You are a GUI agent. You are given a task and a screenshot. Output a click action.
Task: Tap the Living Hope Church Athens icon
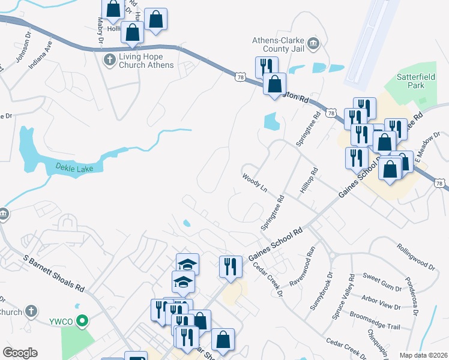pos(109,59)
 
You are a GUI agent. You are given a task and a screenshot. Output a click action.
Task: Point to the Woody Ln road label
pos(255,184)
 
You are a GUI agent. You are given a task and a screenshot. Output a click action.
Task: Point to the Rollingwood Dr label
pos(415,254)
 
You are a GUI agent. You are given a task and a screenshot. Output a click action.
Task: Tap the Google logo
pos(20,353)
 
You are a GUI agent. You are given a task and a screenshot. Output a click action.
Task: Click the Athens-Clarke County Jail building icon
pos(313,44)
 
